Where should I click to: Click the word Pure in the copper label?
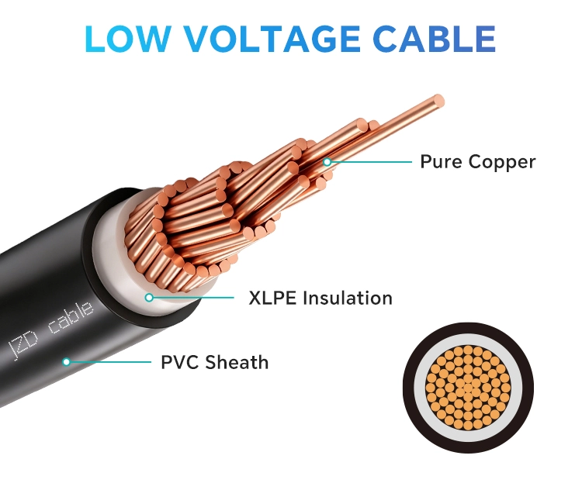point(439,162)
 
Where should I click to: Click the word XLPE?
point(272,298)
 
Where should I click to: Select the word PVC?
point(179,361)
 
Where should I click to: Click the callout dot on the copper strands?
point(327,162)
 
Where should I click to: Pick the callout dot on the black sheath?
point(67,361)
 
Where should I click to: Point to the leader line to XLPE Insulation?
point(194,297)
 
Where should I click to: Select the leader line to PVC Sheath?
point(109,361)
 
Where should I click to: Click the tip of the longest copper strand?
point(439,100)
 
